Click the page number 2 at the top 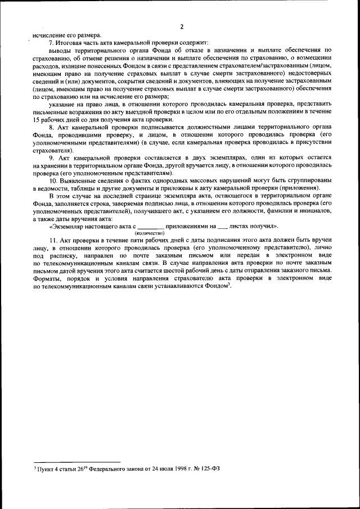pos(182,26)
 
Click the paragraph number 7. pos(52,43)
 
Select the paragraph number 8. pos(52,128)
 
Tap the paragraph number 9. pos(52,158)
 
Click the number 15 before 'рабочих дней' pos(37,121)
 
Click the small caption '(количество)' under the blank pos(149,232)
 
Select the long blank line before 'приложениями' pos(150,227)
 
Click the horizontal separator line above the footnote pos(73,461)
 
